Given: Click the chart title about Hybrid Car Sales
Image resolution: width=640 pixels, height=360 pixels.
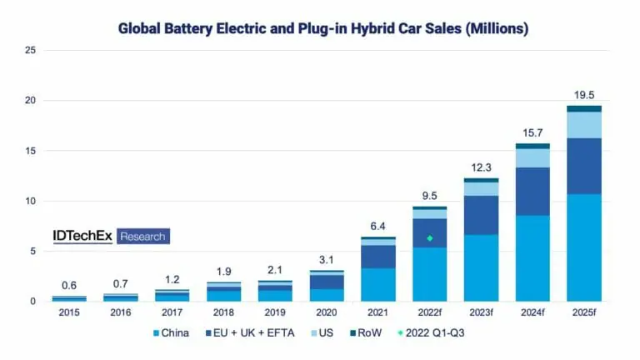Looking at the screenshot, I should point(323,27).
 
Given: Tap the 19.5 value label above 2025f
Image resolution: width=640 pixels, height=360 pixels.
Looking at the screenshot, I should point(583,94).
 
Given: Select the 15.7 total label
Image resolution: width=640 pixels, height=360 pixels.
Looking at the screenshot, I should point(532,132).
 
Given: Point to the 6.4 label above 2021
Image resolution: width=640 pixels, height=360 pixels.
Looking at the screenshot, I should point(377,226).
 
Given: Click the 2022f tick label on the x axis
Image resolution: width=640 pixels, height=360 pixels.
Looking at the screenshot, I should point(430,312).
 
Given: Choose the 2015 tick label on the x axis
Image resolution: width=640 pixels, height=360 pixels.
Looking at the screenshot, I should point(69,312).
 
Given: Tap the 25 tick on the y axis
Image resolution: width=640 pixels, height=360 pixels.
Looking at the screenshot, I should point(31,51).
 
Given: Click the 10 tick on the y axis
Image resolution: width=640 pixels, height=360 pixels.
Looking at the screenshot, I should point(31,201).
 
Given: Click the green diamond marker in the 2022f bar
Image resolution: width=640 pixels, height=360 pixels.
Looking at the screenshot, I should point(430,238).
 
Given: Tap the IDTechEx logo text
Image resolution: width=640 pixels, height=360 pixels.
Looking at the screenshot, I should point(83,237).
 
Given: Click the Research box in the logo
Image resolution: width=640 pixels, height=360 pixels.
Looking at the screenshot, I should point(143,237).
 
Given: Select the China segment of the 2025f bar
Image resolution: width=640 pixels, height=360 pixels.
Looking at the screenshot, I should point(583,247).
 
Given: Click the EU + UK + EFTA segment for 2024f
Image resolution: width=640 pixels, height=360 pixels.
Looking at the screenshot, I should point(532,192).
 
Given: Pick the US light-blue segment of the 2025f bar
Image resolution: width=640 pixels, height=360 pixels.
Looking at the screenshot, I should point(583,125).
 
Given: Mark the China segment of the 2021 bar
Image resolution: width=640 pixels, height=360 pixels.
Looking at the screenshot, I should point(377,284).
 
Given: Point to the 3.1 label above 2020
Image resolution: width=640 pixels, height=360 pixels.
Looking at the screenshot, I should point(326,259).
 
